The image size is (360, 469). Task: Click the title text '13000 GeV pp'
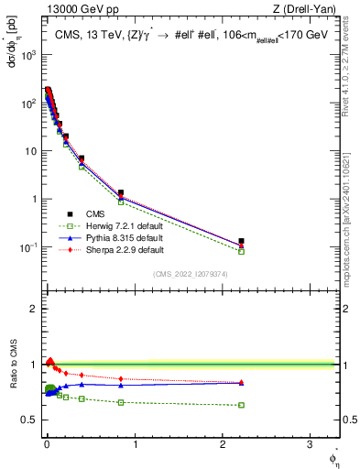point(73,9)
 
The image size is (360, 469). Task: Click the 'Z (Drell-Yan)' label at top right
point(305,9)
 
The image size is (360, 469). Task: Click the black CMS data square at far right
point(241,242)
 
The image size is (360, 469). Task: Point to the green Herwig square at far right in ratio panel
point(241,405)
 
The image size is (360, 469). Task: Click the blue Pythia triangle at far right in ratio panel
point(241,383)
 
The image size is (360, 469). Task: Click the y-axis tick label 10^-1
point(28,247)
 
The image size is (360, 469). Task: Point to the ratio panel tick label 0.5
point(29,420)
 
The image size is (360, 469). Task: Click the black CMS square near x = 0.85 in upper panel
point(121,193)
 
